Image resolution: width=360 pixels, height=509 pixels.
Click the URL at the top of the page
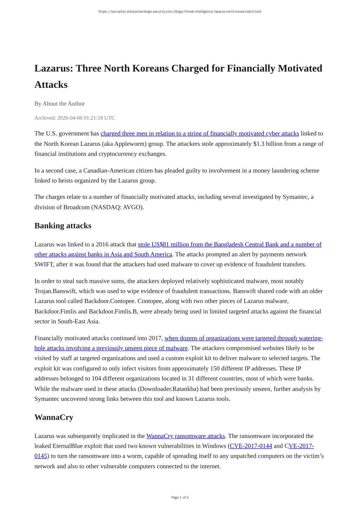click(x=180, y=12)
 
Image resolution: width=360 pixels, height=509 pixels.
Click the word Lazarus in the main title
click(x=53, y=68)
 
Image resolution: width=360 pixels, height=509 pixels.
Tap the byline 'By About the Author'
click(x=59, y=103)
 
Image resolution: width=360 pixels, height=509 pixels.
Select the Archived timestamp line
click(x=74, y=118)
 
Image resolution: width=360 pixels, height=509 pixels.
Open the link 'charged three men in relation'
click(x=199, y=133)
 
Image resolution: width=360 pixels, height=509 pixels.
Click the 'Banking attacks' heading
click(x=63, y=226)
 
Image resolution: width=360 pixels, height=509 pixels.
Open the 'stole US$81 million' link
click(x=229, y=244)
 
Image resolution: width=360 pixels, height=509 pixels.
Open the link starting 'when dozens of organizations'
click(x=243, y=338)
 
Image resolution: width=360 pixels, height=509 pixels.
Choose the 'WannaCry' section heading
click(x=54, y=417)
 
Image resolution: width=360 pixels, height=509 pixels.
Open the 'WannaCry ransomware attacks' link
click(x=186, y=436)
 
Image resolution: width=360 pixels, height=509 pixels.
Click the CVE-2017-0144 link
click(x=251, y=446)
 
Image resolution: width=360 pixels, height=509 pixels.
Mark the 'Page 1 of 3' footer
click(x=180, y=497)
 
